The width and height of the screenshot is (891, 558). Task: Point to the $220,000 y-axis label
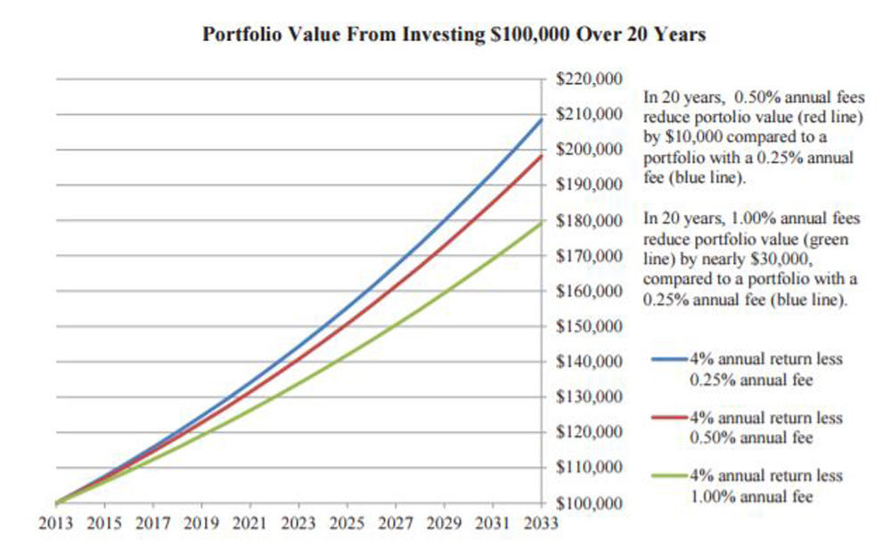point(590,79)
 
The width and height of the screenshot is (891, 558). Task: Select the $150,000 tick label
point(590,326)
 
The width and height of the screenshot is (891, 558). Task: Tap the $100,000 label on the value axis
point(590,504)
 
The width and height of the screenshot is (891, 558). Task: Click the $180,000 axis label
point(590,220)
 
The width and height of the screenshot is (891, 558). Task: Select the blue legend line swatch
point(669,358)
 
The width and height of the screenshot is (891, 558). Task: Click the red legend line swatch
point(669,418)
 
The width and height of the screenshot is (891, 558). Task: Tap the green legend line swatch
point(669,477)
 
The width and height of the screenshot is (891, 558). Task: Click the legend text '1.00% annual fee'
point(751,496)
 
